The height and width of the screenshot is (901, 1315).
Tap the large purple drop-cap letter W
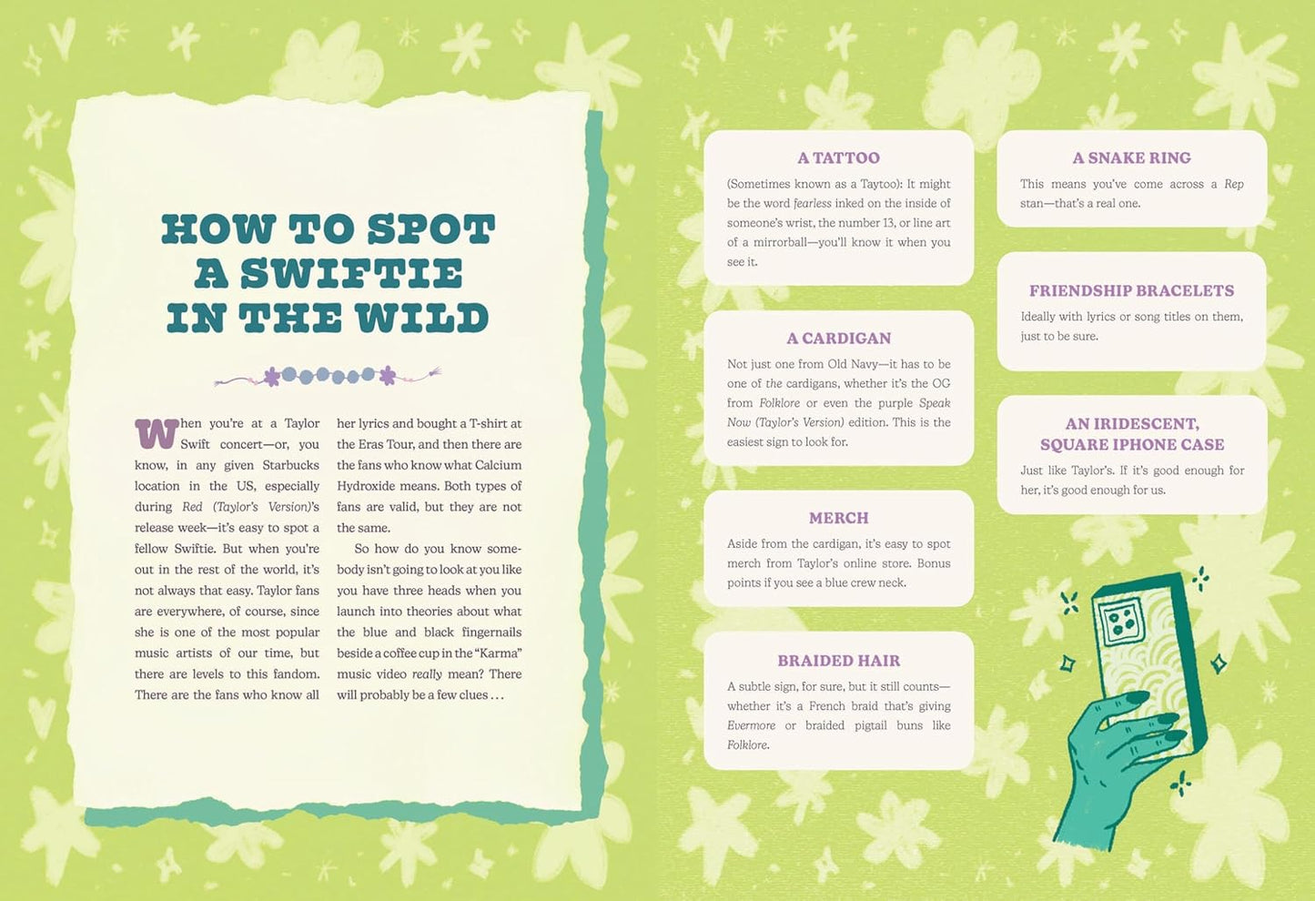click(157, 433)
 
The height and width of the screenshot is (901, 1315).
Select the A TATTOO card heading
click(838, 157)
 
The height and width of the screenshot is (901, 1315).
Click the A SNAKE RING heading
click(1131, 157)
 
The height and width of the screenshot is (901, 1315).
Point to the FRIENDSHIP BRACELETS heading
click(1131, 290)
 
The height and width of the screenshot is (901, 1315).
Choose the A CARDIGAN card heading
click(838, 338)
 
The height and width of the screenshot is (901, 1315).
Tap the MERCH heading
click(838, 518)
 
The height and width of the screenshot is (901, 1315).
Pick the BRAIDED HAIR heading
click(838, 661)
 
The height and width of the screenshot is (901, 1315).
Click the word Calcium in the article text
click(498, 465)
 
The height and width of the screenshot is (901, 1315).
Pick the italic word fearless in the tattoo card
click(813, 203)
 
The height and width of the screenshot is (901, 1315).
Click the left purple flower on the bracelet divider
click(272, 376)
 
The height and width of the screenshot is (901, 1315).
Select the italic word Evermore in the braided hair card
click(752, 725)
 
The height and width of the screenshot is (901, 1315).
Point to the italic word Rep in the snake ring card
click(1234, 184)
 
